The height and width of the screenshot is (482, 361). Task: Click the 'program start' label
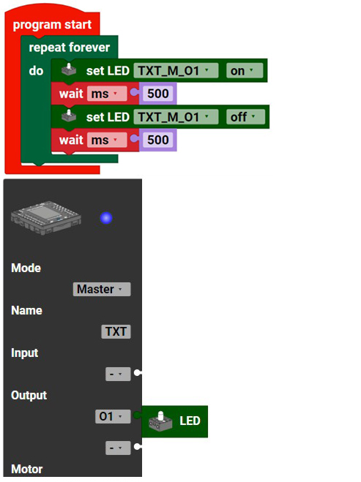coord(52,25)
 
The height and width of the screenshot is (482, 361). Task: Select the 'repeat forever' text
coord(70,48)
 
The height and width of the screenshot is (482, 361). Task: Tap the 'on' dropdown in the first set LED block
coord(245,71)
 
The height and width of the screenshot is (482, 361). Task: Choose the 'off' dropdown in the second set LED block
coord(245,117)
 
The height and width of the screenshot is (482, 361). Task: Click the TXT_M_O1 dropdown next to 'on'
coord(176,71)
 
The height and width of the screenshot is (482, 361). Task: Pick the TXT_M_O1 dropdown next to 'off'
coord(176,117)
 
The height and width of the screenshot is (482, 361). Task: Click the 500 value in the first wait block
coord(158,94)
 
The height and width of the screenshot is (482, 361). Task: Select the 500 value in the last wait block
coord(158,140)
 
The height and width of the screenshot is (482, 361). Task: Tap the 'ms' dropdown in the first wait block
coord(107,94)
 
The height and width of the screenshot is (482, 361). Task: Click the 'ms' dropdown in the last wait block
coord(107,140)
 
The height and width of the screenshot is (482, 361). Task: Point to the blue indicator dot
coord(106,218)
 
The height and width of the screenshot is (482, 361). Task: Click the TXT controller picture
coord(46,217)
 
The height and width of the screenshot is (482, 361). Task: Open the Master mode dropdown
coord(102,289)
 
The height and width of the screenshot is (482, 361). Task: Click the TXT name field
coord(116,331)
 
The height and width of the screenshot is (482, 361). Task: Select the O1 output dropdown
coord(113,416)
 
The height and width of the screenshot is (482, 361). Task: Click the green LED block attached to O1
coord(174,421)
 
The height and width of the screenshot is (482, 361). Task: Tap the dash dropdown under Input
coord(118,374)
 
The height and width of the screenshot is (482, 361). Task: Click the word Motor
coord(27,469)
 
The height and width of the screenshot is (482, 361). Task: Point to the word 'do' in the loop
coord(36,71)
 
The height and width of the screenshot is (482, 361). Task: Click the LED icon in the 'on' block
coord(69,69)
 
